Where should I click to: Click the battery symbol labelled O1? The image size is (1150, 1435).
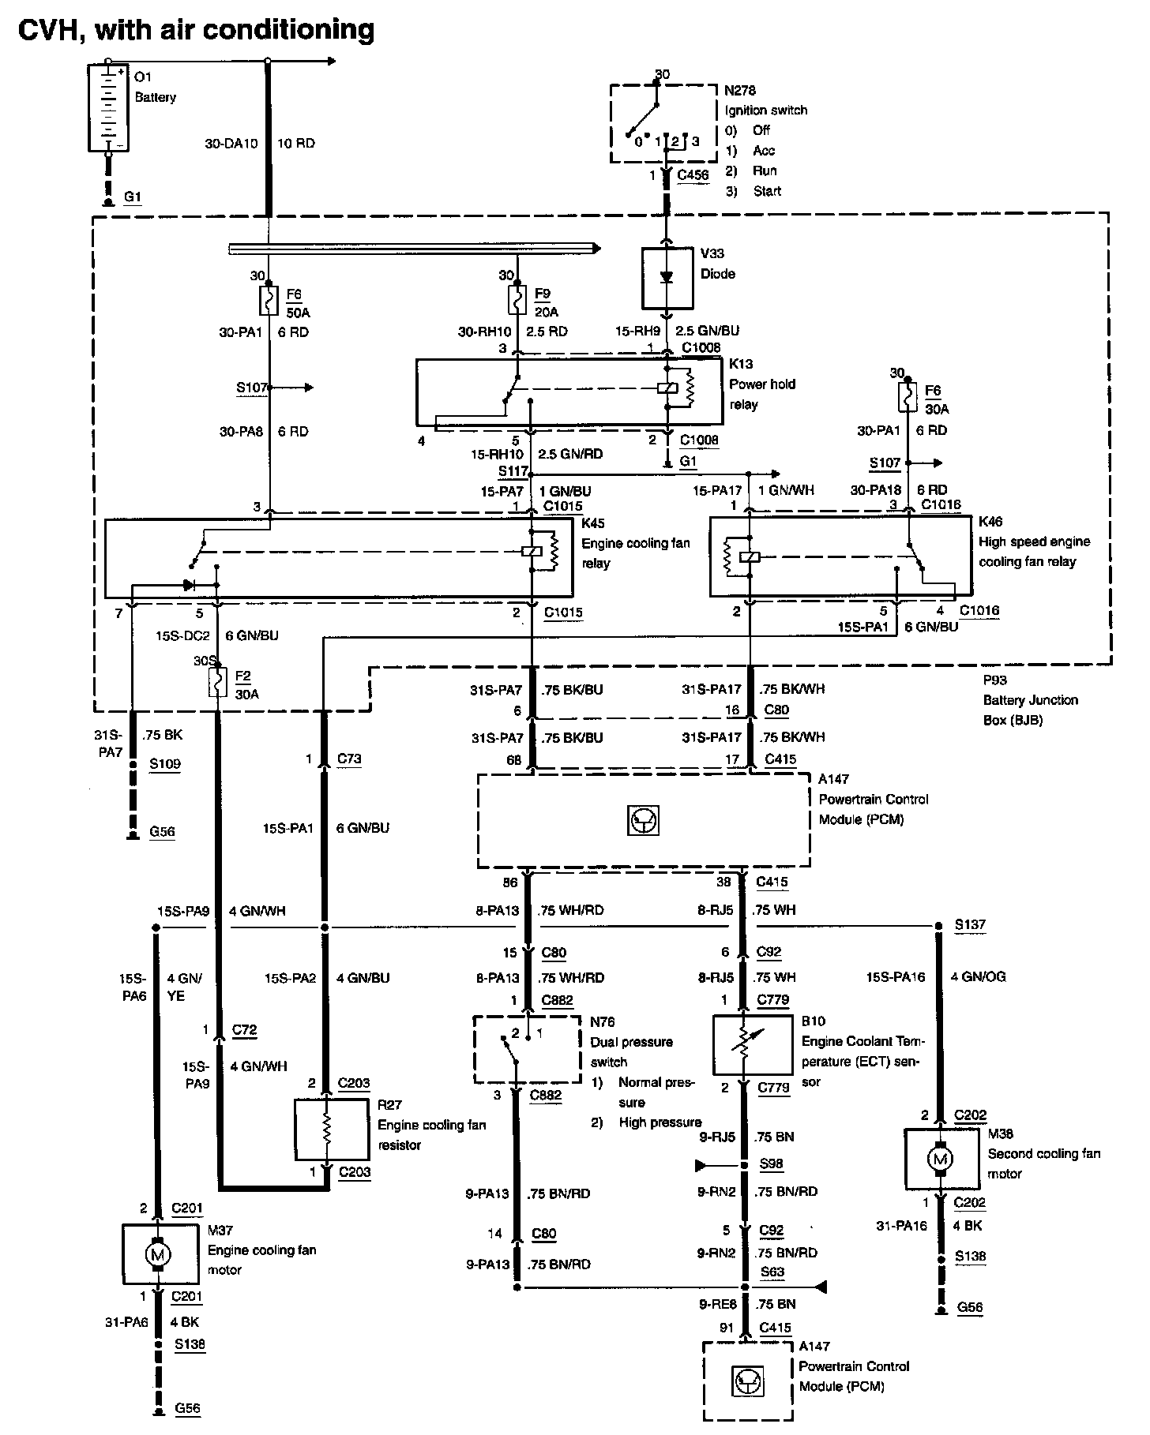(x=108, y=107)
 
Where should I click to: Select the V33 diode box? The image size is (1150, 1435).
(x=667, y=279)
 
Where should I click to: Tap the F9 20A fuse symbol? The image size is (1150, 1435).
(x=517, y=301)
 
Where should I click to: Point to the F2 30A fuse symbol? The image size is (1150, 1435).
(x=217, y=682)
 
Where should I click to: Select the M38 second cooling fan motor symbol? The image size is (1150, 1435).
(x=940, y=1159)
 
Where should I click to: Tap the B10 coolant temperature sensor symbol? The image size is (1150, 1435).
(x=753, y=1044)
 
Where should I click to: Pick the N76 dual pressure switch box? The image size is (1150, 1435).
(x=527, y=1049)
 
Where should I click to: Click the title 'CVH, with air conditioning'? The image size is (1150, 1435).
(x=196, y=29)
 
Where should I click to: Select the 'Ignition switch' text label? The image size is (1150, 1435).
(x=766, y=111)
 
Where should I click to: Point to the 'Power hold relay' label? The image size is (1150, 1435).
(x=762, y=394)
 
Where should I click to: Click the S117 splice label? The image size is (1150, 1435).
(x=513, y=471)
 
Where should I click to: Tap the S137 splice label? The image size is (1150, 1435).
(x=970, y=924)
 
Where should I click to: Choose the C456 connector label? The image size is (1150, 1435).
(x=693, y=175)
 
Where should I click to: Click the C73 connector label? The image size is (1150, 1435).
(x=349, y=759)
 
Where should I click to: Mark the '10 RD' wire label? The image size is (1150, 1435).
(x=296, y=144)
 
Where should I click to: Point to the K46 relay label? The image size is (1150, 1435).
(x=990, y=521)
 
